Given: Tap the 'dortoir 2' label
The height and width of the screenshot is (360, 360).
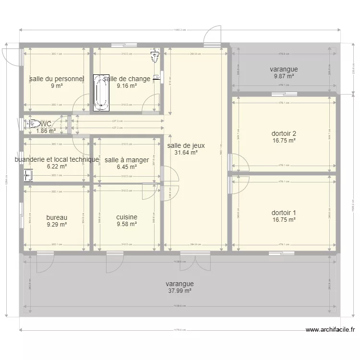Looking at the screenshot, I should pyautogui.click(x=284, y=133).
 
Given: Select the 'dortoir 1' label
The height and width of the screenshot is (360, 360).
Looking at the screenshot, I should pyautogui.click(x=284, y=213).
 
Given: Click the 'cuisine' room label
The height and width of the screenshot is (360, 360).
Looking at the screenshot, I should pyautogui.click(x=127, y=217).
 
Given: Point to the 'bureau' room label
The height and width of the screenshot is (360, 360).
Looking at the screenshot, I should pyautogui.click(x=57, y=217).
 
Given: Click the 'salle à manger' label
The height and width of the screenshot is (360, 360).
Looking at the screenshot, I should pyautogui.click(x=120, y=160).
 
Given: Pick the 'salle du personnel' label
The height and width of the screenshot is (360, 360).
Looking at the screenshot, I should pyautogui.click(x=57, y=79).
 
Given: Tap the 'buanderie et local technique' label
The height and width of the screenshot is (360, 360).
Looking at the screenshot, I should pyautogui.click(x=57, y=159).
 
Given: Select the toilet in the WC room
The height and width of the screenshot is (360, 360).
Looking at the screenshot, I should pyautogui.click(x=32, y=124).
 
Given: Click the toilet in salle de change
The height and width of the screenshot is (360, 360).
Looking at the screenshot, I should pyautogui.click(x=155, y=56).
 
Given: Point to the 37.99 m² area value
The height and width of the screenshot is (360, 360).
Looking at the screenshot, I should pyautogui.click(x=180, y=290).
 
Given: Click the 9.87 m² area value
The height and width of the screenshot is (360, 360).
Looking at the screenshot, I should pyautogui.click(x=284, y=76).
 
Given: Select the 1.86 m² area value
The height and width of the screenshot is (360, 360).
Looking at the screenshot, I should pyautogui.click(x=46, y=131).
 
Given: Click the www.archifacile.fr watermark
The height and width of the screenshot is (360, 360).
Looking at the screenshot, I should pyautogui.click(x=330, y=330).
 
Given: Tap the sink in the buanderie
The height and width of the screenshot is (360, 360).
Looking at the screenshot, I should pyautogui.click(x=27, y=176).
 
